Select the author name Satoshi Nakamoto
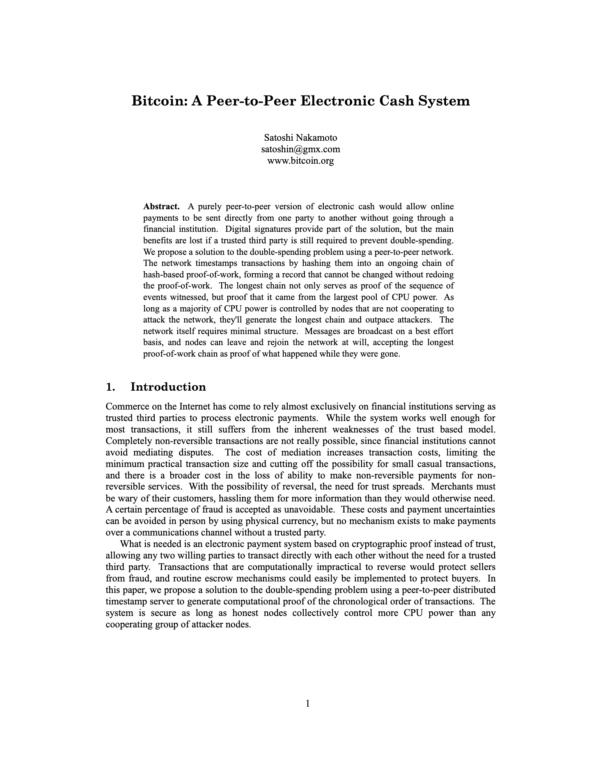(300, 137)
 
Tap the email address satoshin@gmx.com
(300, 149)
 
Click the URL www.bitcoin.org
(300, 160)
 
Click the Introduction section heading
(168, 387)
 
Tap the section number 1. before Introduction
(110, 387)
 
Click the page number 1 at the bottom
(308, 704)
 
